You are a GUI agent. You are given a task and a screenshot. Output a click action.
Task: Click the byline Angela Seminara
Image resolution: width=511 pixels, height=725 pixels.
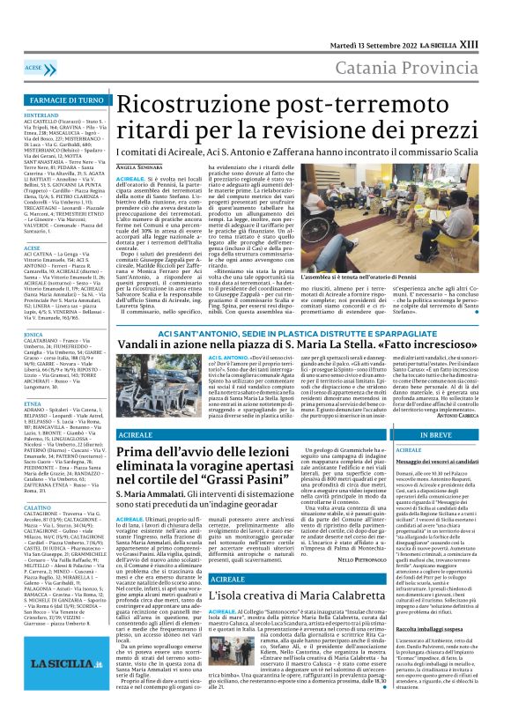[x=138, y=166]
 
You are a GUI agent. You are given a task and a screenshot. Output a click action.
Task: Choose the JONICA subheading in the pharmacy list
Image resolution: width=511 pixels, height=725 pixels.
[x=34, y=335]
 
